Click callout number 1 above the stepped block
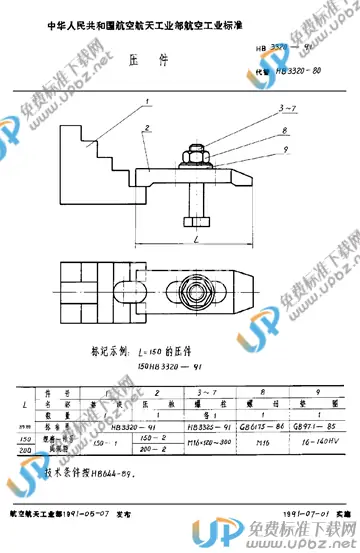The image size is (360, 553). click(148, 101)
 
